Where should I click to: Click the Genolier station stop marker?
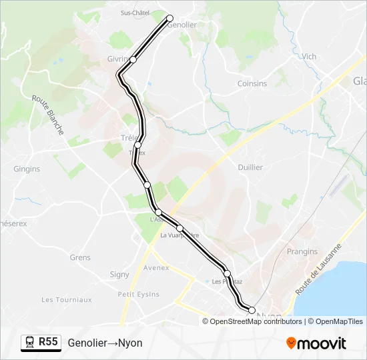169,18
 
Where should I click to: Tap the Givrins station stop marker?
133,59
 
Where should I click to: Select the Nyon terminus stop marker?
252,309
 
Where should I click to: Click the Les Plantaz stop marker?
227,273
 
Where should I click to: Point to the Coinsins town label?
252,84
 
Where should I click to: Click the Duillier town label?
250,167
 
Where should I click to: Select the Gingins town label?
27,169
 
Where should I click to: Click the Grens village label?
80,257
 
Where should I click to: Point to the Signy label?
119,275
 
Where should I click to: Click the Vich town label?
309,57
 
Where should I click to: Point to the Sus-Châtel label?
134,13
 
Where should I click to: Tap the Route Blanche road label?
48,115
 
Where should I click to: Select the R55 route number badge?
48,342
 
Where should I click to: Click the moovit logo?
316,343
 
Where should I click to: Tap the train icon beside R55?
30,343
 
